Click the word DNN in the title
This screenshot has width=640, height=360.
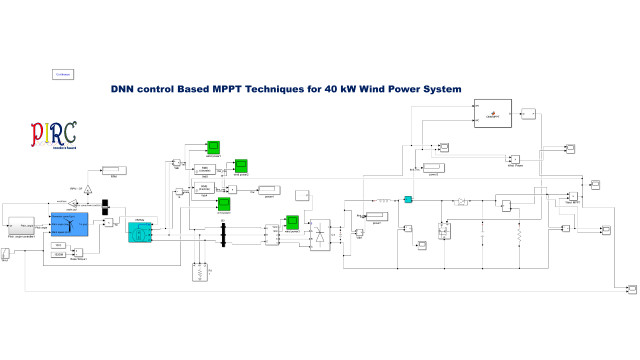[124, 89]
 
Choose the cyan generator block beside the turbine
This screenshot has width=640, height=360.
[141, 232]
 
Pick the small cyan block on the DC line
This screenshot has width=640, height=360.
[408, 200]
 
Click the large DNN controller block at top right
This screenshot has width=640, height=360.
[491, 115]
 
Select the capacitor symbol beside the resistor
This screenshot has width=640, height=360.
[482, 237]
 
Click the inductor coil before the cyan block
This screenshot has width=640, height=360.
[382, 200]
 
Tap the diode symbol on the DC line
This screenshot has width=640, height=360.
[462, 201]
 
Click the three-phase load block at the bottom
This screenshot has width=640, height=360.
[201, 271]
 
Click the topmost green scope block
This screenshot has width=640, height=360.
[213, 148]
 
